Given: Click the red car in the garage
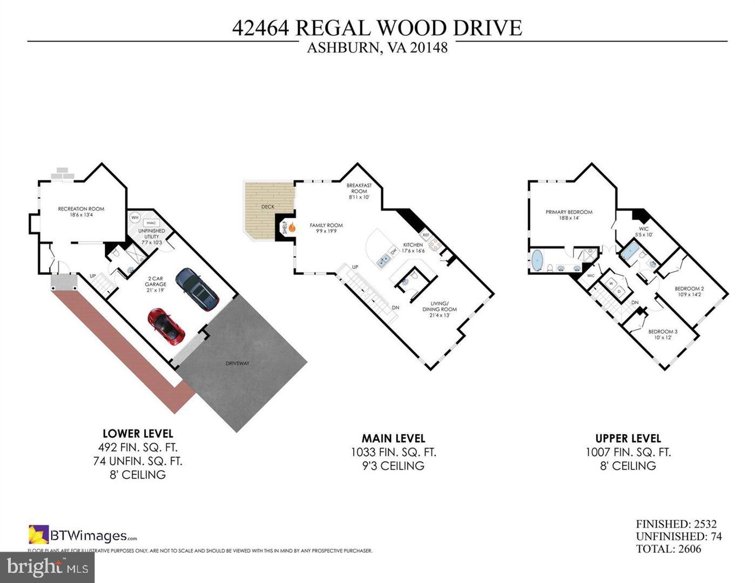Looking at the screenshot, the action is (166, 326).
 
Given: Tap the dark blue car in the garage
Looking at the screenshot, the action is (197, 289).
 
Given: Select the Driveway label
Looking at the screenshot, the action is (238, 363).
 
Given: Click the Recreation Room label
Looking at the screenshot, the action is (81, 212).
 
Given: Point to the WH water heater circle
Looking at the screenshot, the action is (134, 218).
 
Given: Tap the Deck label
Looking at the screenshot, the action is (268, 207).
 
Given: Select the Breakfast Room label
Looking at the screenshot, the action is (359, 191).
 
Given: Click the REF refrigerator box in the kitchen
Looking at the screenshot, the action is (426, 235).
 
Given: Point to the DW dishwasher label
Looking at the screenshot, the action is (393, 250).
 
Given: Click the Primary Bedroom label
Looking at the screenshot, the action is (569, 215).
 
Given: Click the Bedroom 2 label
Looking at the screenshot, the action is (689, 291).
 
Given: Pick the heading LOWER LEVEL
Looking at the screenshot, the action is (138, 433).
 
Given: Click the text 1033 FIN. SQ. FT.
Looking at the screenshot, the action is (393, 452).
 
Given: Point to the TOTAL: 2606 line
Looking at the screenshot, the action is (668, 549).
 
